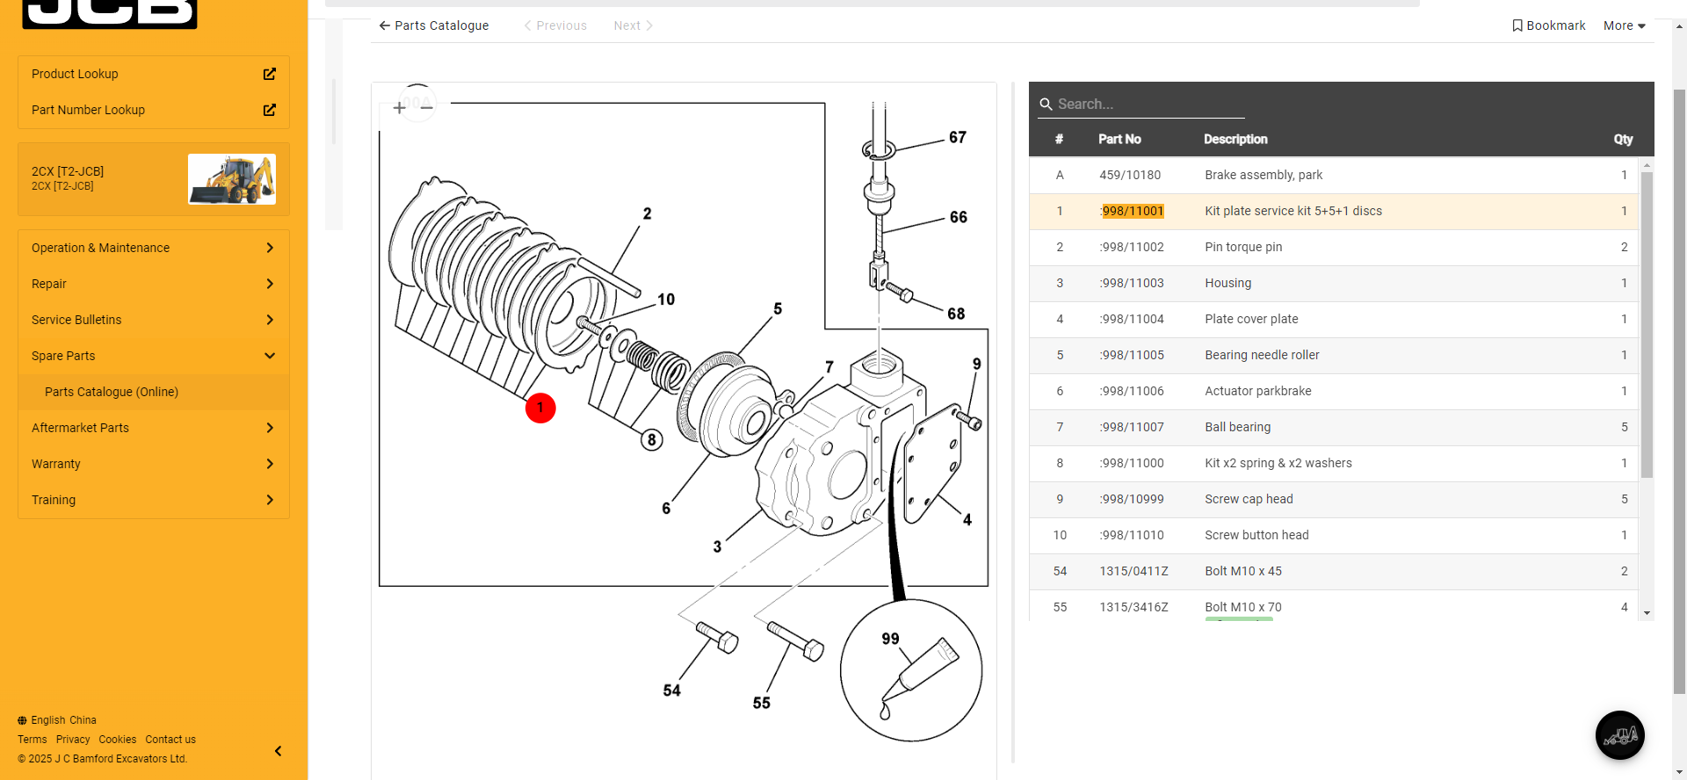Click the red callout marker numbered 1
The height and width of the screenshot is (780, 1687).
pos(540,408)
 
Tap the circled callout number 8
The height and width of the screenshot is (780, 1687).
pos(651,440)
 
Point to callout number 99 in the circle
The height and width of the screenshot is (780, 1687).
pos(890,639)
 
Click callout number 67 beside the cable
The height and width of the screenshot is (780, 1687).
pos(957,137)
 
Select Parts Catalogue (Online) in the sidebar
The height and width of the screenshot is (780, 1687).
pos(112,392)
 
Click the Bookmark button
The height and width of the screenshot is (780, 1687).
pos(1548,25)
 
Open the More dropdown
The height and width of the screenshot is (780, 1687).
pos(1624,25)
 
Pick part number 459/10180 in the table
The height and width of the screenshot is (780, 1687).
pos(1130,175)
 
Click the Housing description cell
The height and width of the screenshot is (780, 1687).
pos(1227,283)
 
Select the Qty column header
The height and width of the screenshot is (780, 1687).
pos(1622,139)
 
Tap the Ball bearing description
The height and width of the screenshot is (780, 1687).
pos(1237,427)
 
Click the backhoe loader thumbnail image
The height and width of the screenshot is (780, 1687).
pos(232,179)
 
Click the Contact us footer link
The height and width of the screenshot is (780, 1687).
pos(170,740)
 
